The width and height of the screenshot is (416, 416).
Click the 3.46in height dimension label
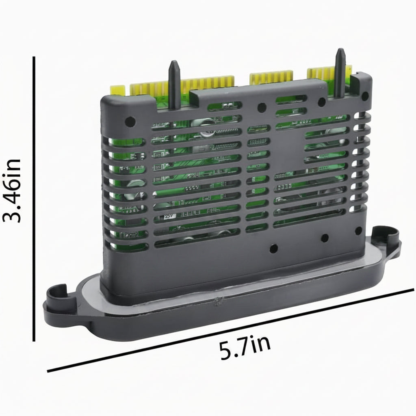click(x=12, y=191)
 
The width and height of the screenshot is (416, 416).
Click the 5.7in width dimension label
click(x=245, y=347)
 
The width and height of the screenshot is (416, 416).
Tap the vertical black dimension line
click(x=34, y=199)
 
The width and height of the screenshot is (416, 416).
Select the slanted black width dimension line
click(x=230, y=330)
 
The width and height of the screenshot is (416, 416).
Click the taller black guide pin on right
click(x=340, y=73)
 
